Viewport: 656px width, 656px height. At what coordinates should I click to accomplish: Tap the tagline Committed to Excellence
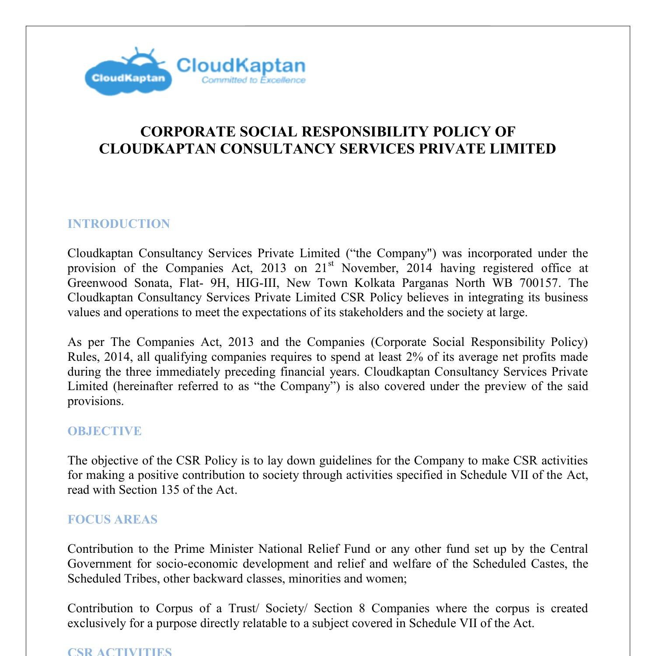tap(253, 80)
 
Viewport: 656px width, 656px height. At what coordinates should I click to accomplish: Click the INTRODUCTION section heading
tap(119, 224)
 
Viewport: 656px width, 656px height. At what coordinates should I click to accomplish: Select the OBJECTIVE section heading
tap(105, 431)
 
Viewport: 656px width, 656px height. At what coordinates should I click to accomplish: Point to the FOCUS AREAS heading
tap(112, 520)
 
